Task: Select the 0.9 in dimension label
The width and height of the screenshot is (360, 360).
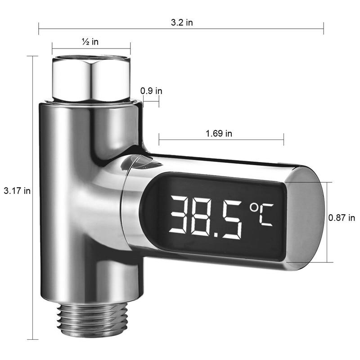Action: pos(151,90)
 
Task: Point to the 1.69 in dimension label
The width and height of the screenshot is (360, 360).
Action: pos(219,133)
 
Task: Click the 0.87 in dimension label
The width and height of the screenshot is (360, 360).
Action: pos(342,218)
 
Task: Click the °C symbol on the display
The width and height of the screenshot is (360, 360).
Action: pos(261,214)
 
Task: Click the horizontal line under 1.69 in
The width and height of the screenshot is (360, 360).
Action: pos(220,139)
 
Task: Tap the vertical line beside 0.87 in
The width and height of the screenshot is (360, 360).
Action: pos(328,243)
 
